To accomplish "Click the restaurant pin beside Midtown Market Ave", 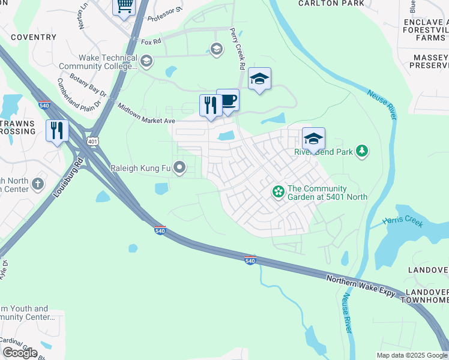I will click(x=211, y=106).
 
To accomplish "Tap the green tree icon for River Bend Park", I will click(x=362, y=151).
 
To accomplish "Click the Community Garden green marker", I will click(x=278, y=192).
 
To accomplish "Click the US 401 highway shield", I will click(x=92, y=141).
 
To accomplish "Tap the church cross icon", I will click(x=38, y=183).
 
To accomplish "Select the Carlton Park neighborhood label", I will click(x=331, y=4).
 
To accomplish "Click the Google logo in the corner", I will click(x=20, y=353).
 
